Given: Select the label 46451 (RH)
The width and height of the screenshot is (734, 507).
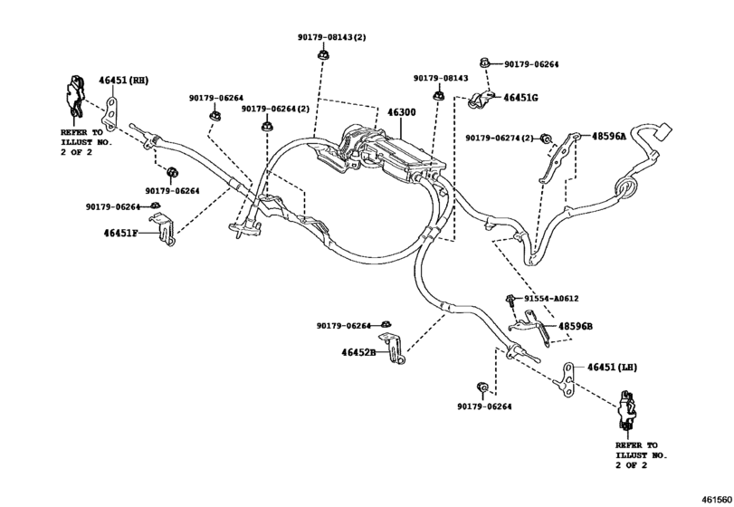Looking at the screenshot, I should pos(123,81).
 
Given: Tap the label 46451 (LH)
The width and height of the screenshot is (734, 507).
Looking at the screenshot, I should pos(613,367).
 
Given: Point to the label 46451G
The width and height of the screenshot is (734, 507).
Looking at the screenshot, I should pos(520,97).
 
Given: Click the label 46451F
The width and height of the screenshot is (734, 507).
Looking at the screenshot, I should pos(120,233).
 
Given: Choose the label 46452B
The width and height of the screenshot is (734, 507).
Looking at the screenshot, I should pos(358,352).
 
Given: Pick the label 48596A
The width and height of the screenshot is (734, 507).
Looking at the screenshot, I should pos(609,136).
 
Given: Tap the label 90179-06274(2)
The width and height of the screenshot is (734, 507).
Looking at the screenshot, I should pos(500,138).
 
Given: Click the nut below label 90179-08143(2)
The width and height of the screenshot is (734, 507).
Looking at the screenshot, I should pos(323,57).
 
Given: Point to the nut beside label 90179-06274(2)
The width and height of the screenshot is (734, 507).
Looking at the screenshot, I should pos(546,138).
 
